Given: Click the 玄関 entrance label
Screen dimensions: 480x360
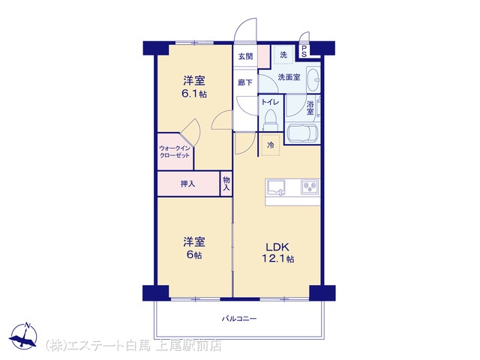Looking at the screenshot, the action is point(246,56).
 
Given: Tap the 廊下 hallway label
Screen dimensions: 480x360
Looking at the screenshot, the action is point(245,82).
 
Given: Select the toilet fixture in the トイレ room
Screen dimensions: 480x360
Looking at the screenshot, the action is point(271,120).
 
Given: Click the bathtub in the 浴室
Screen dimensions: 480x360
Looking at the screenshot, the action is point(303,133).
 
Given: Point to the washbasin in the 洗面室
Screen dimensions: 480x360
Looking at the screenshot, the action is point(313,79).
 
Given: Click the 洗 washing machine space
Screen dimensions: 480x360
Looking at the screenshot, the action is point(283,55).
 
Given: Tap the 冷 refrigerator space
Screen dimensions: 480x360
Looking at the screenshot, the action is point(271,145).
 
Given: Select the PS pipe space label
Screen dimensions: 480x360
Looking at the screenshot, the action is point(304,51).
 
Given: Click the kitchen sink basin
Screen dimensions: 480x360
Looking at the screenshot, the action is point(277,187).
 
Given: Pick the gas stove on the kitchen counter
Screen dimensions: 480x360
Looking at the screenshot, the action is point(310,187).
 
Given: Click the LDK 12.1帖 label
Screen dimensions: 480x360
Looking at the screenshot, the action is point(277,253).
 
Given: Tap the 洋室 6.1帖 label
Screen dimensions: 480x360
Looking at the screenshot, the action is point(194,87).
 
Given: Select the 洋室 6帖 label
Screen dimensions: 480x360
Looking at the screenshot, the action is point(194,248).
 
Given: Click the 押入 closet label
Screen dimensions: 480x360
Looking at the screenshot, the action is point(187,184).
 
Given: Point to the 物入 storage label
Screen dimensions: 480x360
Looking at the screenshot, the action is point(226,183).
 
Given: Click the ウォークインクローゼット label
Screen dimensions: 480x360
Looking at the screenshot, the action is point(175,151).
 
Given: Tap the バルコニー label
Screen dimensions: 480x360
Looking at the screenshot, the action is point(239,319).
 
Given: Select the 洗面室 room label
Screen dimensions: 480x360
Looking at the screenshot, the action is point(289,77).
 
